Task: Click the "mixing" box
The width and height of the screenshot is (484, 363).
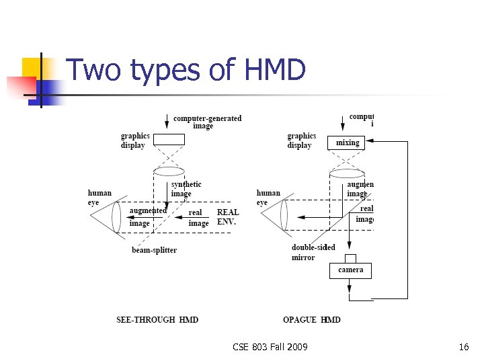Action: click(x=348, y=143)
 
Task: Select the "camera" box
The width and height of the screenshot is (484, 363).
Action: click(x=350, y=270)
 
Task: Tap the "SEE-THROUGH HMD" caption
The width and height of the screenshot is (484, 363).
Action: click(x=157, y=319)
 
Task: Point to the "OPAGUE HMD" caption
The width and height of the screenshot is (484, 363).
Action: click(x=312, y=319)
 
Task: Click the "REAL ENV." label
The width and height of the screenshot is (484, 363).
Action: click(x=227, y=217)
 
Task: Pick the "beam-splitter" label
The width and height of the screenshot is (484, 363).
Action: click(x=154, y=250)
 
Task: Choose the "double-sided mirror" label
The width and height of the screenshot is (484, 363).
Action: click(x=313, y=252)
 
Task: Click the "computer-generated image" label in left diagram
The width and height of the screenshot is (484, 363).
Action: click(x=207, y=122)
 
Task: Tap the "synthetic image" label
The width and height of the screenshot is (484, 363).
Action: click(x=186, y=189)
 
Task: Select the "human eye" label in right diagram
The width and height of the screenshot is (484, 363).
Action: click(x=268, y=198)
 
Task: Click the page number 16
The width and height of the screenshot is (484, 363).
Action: click(x=463, y=347)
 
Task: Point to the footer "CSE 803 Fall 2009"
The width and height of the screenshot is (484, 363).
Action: click(x=270, y=347)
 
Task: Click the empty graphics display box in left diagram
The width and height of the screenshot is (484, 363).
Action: click(x=167, y=139)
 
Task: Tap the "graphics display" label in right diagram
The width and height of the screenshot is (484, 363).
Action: click(x=301, y=140)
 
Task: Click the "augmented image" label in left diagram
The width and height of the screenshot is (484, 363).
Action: click(x=148, y=216)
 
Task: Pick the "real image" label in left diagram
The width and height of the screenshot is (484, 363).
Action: click(x=198, y=218)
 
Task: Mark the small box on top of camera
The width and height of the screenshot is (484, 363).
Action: click(x=350, y=258)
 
